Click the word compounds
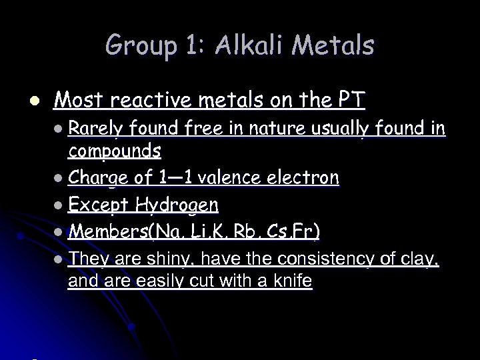114,151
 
